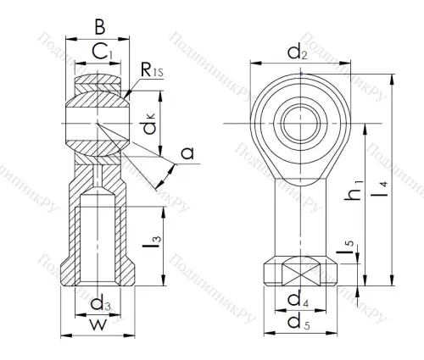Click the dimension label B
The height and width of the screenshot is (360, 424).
coord(98,26)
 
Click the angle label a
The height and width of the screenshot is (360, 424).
coord(187,152)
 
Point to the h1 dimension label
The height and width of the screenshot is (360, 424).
coord(360,194)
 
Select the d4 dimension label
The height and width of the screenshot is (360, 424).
coord(297,300)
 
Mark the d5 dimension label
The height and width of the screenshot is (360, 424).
coord(298,323)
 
